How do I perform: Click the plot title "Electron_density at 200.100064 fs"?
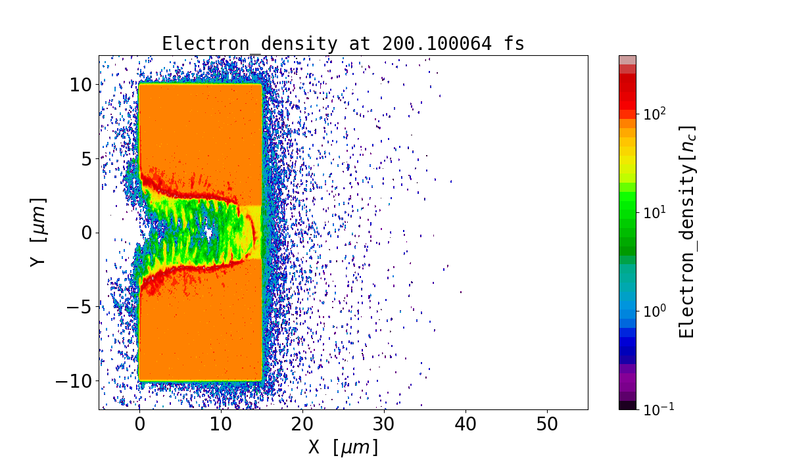point(343,44)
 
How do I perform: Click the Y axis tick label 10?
point(81,84)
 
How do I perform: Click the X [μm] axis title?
point(343,448)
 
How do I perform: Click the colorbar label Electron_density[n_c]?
point(686,231)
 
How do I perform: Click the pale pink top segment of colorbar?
point(627,60)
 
